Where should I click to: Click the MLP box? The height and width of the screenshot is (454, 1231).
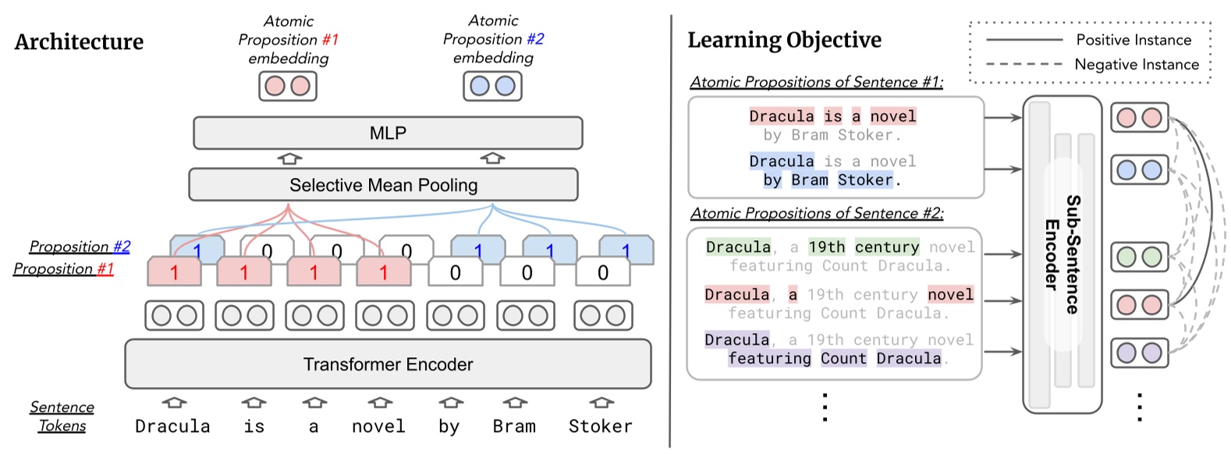388,133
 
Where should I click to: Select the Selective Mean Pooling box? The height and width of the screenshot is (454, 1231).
383,185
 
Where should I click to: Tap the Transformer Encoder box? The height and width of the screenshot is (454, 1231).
388,364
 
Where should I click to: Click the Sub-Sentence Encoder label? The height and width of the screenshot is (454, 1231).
1062,254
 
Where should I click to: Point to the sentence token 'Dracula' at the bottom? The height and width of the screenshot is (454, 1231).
172,427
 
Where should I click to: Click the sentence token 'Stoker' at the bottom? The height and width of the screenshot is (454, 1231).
600,427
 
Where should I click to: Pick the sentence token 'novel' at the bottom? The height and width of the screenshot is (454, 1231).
378,427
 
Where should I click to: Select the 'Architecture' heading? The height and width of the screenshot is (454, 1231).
79,41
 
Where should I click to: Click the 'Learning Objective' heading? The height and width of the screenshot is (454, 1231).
784,40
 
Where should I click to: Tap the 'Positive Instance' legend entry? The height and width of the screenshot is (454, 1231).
1133,40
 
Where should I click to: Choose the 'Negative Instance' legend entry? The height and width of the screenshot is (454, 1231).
1137,65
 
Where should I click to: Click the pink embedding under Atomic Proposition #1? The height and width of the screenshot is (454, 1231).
288,86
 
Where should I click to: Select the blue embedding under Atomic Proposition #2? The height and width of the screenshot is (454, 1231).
492,86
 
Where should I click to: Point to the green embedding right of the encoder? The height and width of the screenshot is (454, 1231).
1139,257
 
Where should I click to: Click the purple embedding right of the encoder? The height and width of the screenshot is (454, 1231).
1139,353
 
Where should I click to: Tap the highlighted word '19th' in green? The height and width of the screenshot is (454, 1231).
827,247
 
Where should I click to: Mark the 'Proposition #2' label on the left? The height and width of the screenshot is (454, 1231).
80,247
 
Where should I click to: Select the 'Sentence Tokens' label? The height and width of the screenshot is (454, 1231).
62,417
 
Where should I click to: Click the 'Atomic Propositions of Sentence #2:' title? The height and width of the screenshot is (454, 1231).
817,213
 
